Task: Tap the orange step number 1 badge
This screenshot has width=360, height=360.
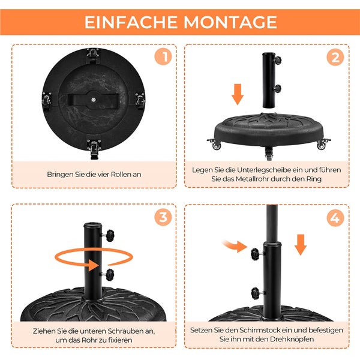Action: point(163,58)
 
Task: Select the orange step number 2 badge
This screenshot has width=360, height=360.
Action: point(335,58)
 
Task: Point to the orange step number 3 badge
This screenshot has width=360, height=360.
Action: point(163,218)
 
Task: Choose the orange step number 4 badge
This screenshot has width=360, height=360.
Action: point(335,218)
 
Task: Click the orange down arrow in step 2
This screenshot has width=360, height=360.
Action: point(238,94)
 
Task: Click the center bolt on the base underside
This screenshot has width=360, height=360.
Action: point(93,95)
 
